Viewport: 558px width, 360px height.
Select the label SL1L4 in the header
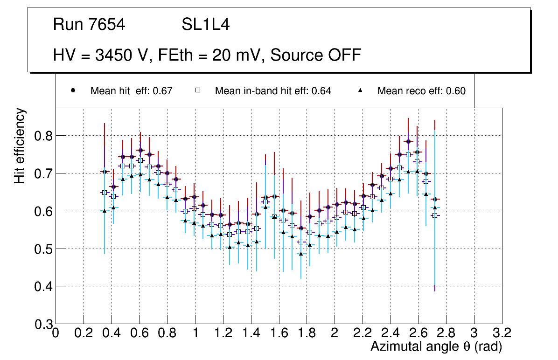coord(205,25)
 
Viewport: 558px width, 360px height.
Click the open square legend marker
coord(197,91)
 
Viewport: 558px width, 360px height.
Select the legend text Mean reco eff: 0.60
coord(421,91)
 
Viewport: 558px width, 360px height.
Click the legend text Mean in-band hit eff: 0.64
coord(273,91)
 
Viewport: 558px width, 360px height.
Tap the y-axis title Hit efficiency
coord(20,145)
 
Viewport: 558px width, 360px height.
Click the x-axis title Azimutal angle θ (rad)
coord(436,346)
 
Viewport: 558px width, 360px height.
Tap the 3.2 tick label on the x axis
coord(502,333)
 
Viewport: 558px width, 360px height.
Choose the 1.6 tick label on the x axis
coord(279,333)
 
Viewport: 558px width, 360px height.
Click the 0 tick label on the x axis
coord(56,333)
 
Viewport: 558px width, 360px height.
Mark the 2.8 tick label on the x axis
coord(446,333)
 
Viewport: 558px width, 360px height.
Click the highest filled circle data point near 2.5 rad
coord(408,141)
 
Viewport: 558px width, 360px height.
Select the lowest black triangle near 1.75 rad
coord(301,254)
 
